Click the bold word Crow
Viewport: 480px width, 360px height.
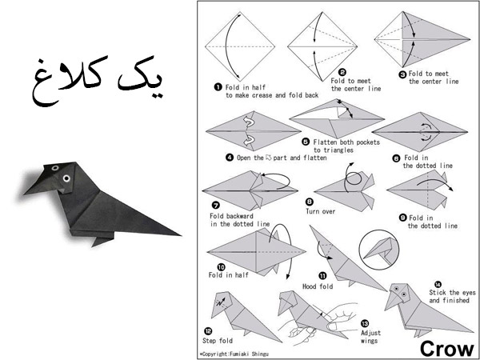click(446, 349)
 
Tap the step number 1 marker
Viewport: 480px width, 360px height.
click(218, 87)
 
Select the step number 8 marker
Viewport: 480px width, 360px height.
click(310, 202)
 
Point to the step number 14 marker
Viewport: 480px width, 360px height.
click(438, 284)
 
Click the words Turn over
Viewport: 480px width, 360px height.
click(321, 211)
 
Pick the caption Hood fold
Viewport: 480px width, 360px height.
click(318, 286)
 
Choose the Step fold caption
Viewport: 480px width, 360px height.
click(218, 341)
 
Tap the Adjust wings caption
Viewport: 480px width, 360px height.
click(370, 337)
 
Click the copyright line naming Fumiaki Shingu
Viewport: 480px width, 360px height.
click(234, 354)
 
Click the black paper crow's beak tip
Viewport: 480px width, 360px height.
click(25, 194)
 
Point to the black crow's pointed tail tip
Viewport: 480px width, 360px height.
click(180, 235)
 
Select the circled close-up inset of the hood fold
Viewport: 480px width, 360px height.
click(379, 250)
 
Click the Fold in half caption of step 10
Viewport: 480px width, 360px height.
click(228, 275)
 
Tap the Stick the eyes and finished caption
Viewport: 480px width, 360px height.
click(452, 296)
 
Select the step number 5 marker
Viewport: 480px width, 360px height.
click(306, 142)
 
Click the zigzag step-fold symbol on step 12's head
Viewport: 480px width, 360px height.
click(222, 302)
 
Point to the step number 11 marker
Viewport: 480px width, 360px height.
click(323, 277)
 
